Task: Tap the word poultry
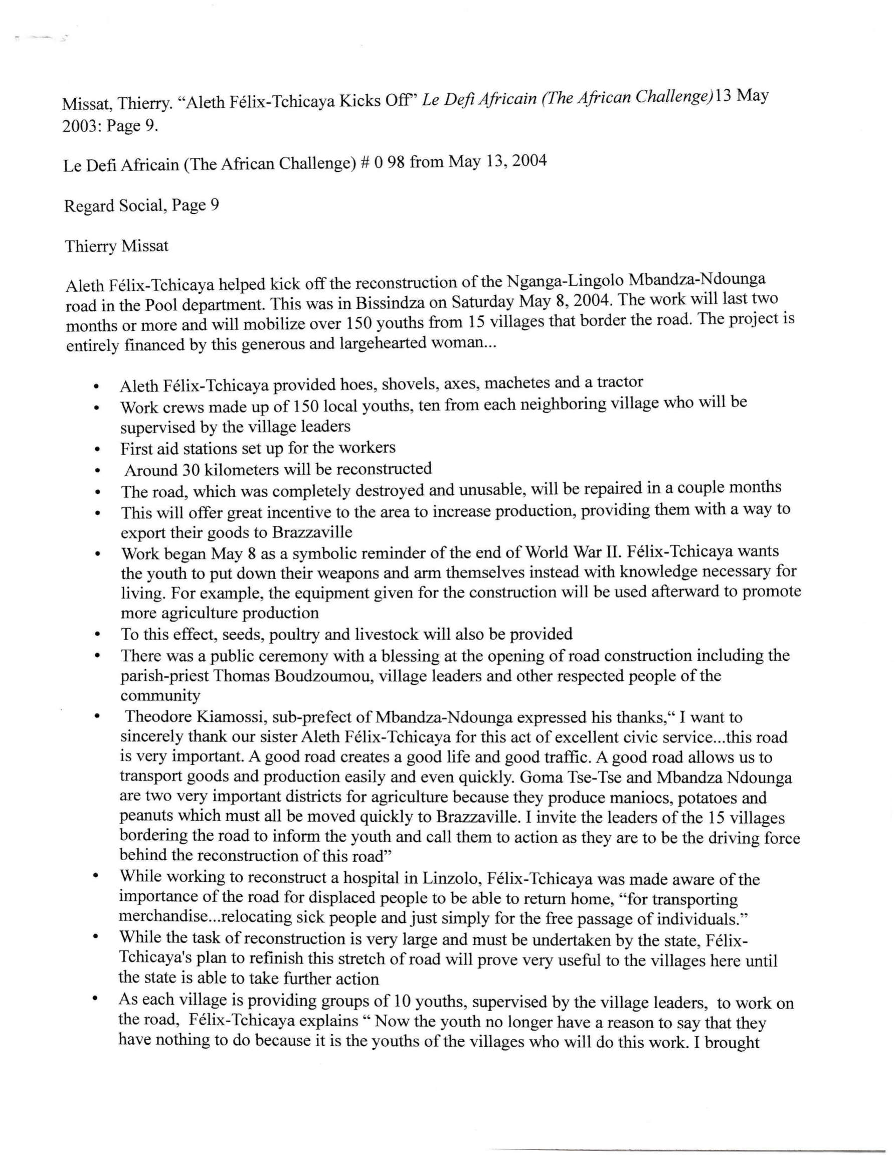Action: (275, 634)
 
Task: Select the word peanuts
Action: (147, 818)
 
